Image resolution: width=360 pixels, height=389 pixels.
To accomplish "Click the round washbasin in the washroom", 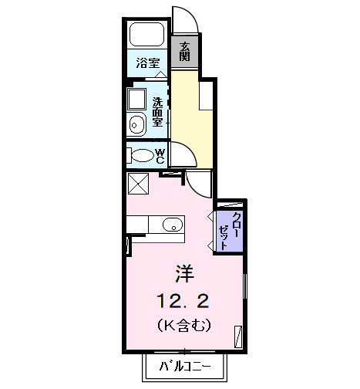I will tap(137, 123).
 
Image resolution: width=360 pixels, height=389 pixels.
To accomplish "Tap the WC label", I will tap(160, 155).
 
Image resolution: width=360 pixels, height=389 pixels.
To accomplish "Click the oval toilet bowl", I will tap(141, 155).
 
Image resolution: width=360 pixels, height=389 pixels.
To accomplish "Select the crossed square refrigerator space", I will tap(139, 184).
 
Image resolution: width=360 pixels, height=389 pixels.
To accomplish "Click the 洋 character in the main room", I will tap(184, 272).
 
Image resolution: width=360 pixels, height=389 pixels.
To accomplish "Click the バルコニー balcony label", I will tap(183, 366).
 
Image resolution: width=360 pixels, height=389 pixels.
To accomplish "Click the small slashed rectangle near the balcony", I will tap(238, 334).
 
